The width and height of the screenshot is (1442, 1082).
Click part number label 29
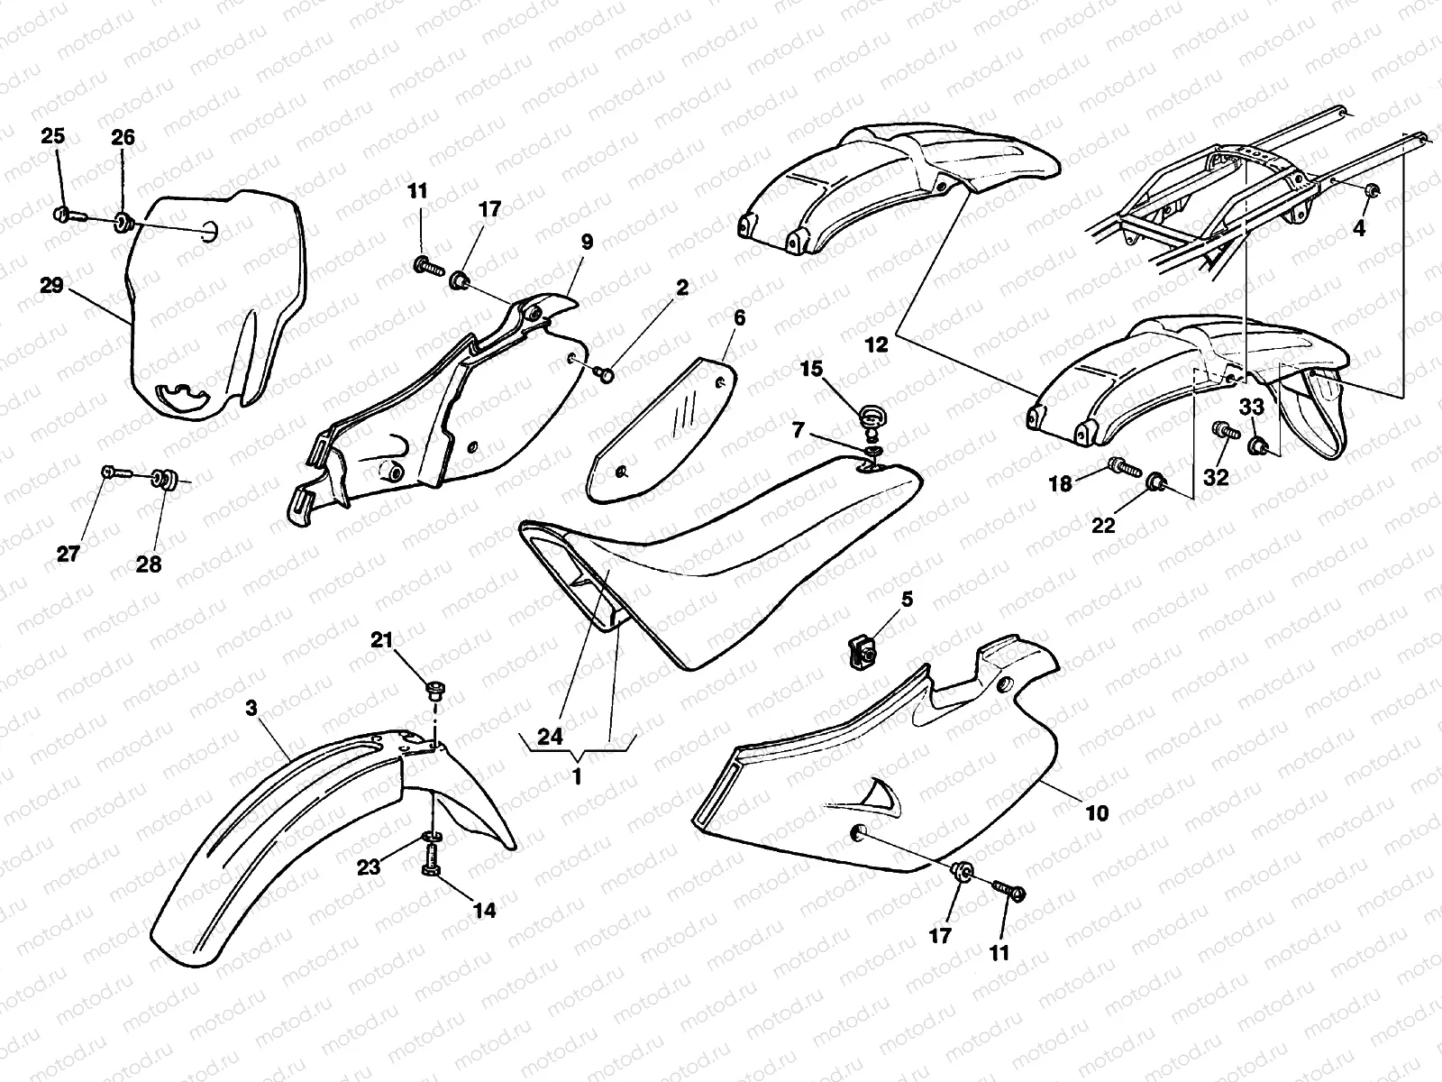click(51, 286)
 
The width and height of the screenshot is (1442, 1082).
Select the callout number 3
click(251, 710)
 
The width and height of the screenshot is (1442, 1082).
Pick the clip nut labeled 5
click(862, 651)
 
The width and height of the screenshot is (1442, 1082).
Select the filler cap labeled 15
click(871, 417)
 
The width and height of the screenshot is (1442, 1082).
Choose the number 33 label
click(1251, 408)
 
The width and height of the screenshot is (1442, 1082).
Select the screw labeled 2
click(606, 372)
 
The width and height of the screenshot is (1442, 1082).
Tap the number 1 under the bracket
click(579, 775)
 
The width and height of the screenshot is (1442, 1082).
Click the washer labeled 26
click(124, 220)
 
